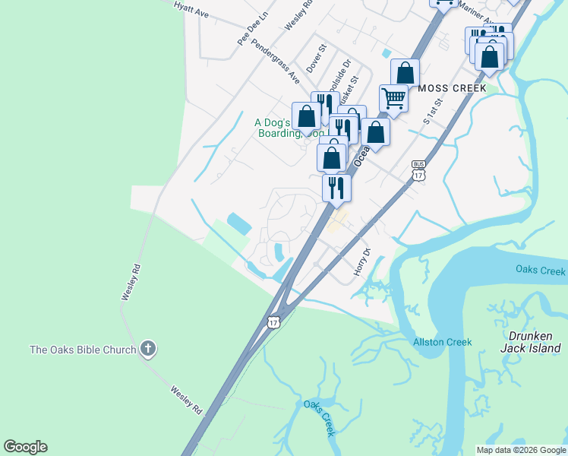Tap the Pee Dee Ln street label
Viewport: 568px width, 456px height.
(253, 27)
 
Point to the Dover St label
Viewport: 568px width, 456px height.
(316, 59)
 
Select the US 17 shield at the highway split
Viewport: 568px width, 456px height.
(274, 322)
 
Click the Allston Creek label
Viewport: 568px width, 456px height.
(442, 342)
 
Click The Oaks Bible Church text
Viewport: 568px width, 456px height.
(82, 350)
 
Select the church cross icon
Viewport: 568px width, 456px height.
(148, 350)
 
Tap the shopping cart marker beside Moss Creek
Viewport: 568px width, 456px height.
(393, 97)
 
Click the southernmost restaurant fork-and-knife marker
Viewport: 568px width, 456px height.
(336, 187)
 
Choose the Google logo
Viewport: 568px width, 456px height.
(26, 447)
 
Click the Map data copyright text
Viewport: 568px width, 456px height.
(522, 450)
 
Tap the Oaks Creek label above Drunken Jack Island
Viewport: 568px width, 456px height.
(541, 271)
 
